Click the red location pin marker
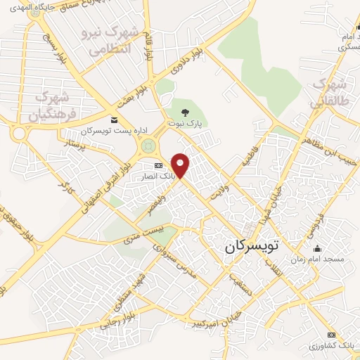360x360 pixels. tap(181, 165)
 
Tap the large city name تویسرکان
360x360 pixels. tap(251, 247)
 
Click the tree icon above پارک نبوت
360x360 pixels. tap(185, 112)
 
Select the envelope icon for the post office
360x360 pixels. tap(114, 121)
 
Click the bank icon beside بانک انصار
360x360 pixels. tap(157, 165)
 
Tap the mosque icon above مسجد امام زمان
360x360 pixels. tap(318, 248)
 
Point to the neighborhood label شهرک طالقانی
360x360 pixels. tap(329, 93)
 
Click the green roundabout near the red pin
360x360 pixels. tap(148, 146)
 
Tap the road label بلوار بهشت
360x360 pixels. tap(134, 96)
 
